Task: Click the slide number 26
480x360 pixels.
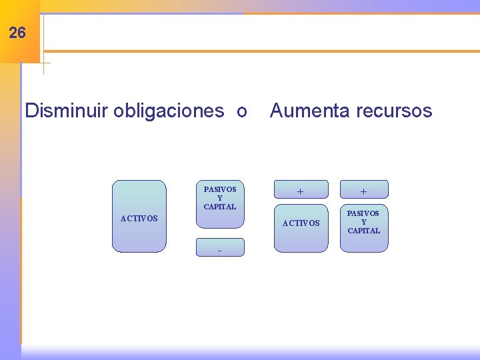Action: [18, 32]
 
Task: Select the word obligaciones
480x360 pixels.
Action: [169, 111]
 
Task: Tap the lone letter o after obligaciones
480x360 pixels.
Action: [242, 111]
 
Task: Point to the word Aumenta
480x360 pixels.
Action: [309, 111]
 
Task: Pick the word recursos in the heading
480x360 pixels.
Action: [393, 111]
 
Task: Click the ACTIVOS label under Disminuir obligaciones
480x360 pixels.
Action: [139, 219]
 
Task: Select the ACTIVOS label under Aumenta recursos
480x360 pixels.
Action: [301, 223]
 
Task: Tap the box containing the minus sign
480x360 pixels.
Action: [220, 247]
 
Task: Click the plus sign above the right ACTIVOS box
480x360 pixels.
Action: [301, 191]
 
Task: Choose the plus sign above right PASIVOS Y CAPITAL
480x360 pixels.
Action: [363, 191]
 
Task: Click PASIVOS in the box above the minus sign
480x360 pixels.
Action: [220, 189]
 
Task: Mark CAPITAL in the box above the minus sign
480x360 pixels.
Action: [220, 207]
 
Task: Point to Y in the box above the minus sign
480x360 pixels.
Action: [220, 198]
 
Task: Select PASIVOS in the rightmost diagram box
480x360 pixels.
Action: [364, 213]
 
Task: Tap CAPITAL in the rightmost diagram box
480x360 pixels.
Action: [364, 231]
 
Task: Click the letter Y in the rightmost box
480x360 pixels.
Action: [364, 222]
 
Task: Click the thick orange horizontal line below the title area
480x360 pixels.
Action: [260, 51]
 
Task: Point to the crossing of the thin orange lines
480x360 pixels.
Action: [43, 63]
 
